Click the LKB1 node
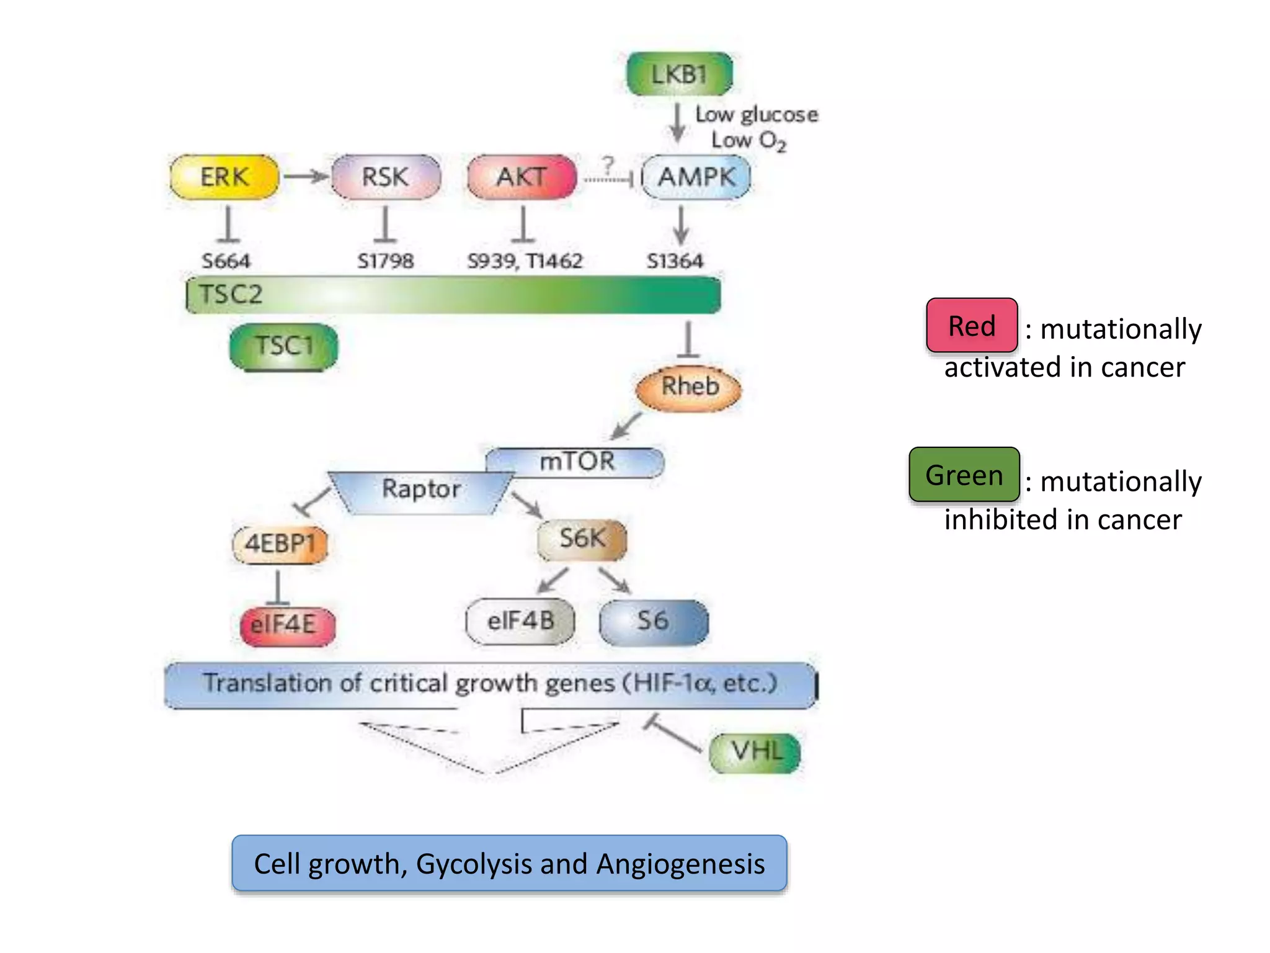tap(680, 74)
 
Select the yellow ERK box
tap(224, 177)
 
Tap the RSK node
tap(386, 177)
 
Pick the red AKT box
tap(522, 177)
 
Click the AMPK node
tap(696, 177)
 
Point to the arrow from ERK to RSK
tap(305, 177)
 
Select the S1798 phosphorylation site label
tap(385, 261)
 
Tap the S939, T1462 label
tap(525, 261)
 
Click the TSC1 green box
tap(284, 346)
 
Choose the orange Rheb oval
tap(689, 388)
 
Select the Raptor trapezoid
tap(421, 490)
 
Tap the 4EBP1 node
tap(280, 544)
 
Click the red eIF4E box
tap(288, 625)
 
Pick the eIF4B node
tap(520, 621)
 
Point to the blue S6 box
tap(654, 621)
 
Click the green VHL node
tap(755, 752)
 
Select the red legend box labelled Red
tap(972, 326)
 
